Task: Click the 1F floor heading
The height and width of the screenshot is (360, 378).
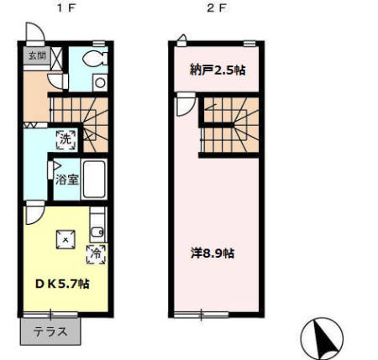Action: [x=66, y=8]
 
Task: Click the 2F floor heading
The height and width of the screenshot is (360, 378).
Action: [x=216, y=8]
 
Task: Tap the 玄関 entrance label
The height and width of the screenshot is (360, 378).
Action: [x=37, y=55]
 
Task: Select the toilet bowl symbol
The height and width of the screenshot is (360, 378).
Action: [x=95, y=59]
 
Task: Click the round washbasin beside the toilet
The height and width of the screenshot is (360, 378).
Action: [x=100, y=83]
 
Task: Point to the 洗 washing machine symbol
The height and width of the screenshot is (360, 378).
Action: [x=66, y=139]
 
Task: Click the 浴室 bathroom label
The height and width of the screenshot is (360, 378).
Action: [x=66, y=180]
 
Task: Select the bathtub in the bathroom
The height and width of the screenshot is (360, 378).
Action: [x=94, y=179]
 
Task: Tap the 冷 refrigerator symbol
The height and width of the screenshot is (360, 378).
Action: [x=96, y=254]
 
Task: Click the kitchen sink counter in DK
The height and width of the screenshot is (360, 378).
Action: [x=98, y=225]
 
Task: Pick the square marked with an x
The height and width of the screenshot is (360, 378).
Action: [x=66, y=239]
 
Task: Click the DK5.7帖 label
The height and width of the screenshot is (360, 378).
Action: [x=62, y=284]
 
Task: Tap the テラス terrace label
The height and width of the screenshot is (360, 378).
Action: [x=50, y=331]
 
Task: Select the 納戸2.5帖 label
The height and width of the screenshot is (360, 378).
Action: [x=218, y=70]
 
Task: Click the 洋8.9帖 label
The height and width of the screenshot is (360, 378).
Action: [x=213, y=253]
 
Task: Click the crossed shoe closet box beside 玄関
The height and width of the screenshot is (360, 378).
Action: [x=56, y=59]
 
